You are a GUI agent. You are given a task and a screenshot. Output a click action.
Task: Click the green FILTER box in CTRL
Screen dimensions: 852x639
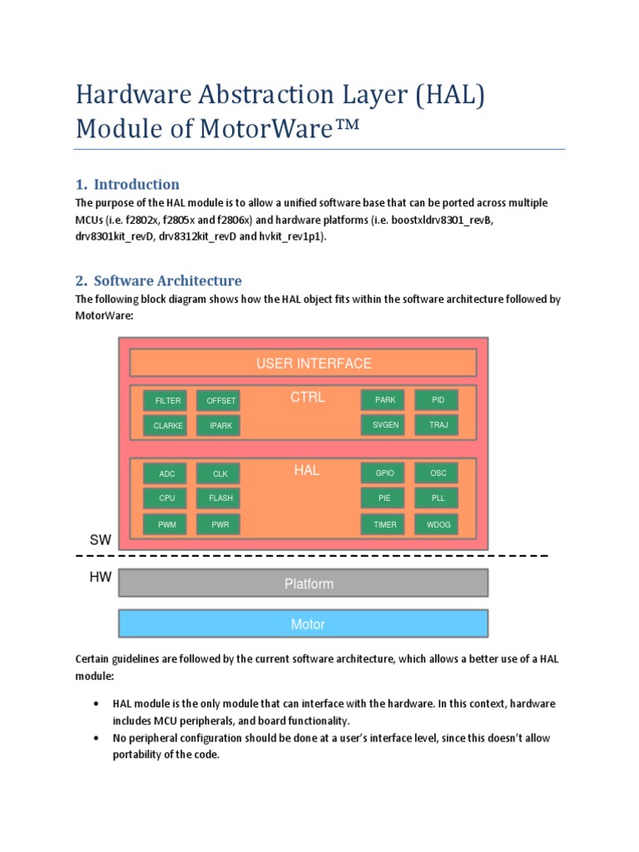pos(168,400)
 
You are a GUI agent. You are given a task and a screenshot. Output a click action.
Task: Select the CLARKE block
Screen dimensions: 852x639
pos(168,425)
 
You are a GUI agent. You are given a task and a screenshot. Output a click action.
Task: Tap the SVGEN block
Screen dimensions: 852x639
pos(384,425)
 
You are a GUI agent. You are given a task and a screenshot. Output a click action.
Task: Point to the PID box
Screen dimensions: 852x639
pos(438,400)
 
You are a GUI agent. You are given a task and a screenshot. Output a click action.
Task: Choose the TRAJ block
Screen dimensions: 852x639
pos(438,425)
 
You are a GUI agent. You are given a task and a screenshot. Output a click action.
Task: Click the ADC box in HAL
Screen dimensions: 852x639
pos(167,473)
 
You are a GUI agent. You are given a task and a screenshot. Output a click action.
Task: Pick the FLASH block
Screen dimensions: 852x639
pos(220,498)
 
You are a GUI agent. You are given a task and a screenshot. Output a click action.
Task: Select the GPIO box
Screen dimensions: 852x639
pos(384,473)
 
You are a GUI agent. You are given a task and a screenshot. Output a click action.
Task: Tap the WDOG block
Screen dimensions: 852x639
pos(438,524)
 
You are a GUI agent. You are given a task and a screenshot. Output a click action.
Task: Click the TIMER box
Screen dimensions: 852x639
pos(384,524)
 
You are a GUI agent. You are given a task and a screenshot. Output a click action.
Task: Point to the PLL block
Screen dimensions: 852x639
pos(438,498)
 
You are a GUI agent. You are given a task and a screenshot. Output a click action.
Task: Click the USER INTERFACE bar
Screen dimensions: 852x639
pos(303,364)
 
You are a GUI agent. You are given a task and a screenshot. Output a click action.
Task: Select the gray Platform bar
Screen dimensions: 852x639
pos(303,584)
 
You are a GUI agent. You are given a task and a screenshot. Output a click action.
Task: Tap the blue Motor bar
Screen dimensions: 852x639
pos(303,624)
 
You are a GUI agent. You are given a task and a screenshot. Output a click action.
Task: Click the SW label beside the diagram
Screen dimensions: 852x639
pos(100,541)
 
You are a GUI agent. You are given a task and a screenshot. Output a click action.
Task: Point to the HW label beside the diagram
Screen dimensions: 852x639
pos(100,576)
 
